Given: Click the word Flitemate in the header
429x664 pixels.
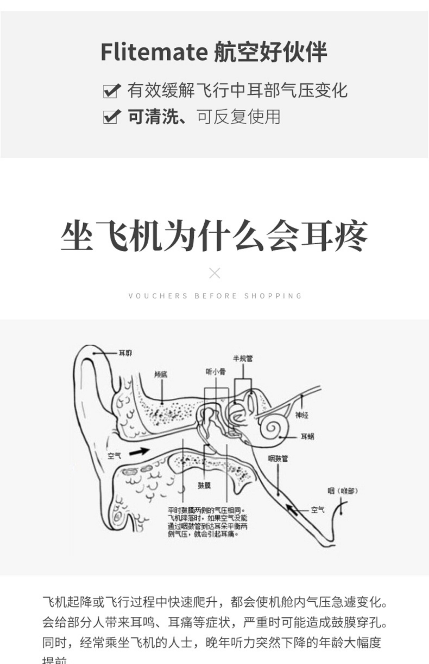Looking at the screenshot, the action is pyautogui.click(x=154, y=52).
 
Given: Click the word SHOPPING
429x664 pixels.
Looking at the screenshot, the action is pyautogui.click(x=273, y=296).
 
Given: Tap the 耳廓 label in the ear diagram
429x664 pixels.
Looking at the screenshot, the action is pyautogui.click(x=125, y=353).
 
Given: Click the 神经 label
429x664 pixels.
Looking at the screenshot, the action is pyautogui.click(x=302, y=415).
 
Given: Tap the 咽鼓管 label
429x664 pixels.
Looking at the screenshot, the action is pyautogui.click(x=278, y=459).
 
